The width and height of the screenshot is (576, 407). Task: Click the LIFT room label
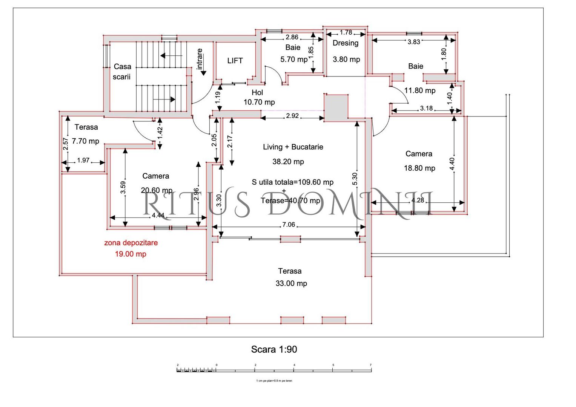pyautogui.click(x=235, y=61)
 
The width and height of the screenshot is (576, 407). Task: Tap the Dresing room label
pyautogui.click(x=346, y=43)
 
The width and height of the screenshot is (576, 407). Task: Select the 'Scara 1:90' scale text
pyautogui.click(x=274, y=350)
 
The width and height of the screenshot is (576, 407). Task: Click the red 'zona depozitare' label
pyautogui.click(x=131, y=243)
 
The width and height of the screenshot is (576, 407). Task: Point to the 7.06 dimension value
pyautogui.click(x=289, y=225)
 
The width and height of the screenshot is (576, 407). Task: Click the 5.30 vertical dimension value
pyautogui.click(x=355, y=179)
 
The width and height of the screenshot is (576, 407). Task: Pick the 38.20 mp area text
pyautogui.click(x=288, y=162)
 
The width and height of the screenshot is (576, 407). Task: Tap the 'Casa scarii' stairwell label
pyautogui.click(x=122, y=72)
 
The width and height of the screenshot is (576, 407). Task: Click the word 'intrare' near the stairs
pyautogui.click(x=200, y=59)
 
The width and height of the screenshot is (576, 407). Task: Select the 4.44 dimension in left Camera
pyautogui.click(x=158, y=216)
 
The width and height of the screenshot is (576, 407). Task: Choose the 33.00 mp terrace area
pyautogui.click(x=291, y=283)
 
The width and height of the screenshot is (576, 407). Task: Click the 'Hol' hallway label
pyautogui.click(x=257, y=92)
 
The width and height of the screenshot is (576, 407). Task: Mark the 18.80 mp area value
pyautogui.click(x=419, y=168)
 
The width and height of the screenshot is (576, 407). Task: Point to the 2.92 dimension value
pyautogui.click(x=292, y=116)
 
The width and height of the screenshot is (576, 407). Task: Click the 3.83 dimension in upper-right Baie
pyautogui.click(x=414, y=42)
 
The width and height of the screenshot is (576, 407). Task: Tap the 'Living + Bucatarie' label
pyautogui.click(x=293, y=147)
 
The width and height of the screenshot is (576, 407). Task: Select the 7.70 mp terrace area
pyautogui.click(x=86, y=141)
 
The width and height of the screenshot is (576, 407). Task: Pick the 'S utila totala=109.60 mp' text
pyautogui.click(x=293, y=182)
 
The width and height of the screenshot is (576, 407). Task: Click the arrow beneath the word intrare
pyautogui.click(x=203, y=72)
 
